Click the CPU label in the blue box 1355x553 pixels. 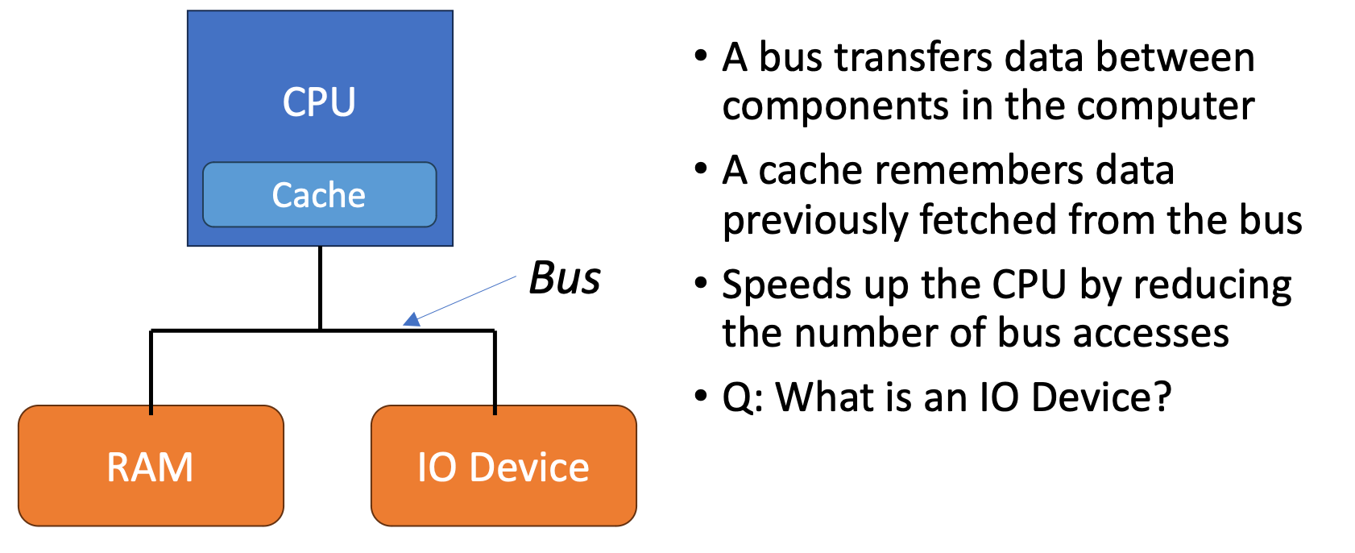(319, 102)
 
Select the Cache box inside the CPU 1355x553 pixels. (319, 195)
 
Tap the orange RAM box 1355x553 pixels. (151, 467)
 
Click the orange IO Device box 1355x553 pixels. (503, 467)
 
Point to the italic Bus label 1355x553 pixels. (565, 279)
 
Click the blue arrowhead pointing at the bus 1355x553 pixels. (412, 320)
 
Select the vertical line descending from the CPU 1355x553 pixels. (320, 287)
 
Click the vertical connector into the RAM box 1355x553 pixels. (151, 371)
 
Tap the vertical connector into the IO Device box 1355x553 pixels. (495, 371)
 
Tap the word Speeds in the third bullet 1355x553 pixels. (776, 285)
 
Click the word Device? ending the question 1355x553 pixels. (1100, 397)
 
